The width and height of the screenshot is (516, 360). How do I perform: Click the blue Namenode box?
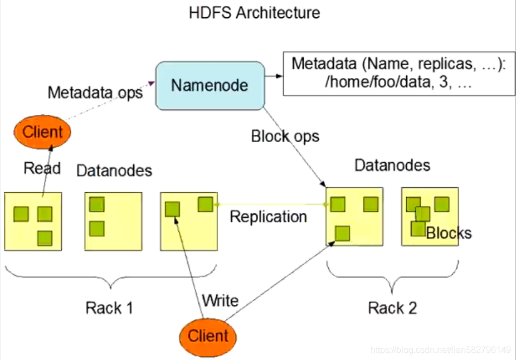[x=210, y=86]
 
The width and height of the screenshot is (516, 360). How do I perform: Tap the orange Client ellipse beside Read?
[x=42, y=132]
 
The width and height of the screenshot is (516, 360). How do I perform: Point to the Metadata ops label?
[x=95, y=93]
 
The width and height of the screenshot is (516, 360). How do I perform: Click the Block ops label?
[x=285, y=136]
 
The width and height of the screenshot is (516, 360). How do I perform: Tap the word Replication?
[x=268, y=217]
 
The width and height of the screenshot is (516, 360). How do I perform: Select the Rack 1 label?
[x=109, y=308]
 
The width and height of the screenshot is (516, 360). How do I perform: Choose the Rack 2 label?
[x=392, y=308]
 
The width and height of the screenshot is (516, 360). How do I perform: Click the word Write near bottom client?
[x=220, y=301]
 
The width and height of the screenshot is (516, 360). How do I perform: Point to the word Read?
[x=42, y=168]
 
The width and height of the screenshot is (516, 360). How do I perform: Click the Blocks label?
[x=449, y=233]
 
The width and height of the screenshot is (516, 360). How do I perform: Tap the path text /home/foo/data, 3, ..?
[x=398, y=81]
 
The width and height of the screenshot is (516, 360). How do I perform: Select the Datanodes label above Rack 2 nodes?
[x=392, y=165]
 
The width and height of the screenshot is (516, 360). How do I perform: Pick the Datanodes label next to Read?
[x=114, y=171]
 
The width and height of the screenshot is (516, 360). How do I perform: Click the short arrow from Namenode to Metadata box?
[x=274, y=76]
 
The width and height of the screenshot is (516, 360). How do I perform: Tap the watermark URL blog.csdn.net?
[x=441, y=350]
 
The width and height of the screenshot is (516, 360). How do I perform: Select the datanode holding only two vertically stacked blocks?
[x=114, y=221]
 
